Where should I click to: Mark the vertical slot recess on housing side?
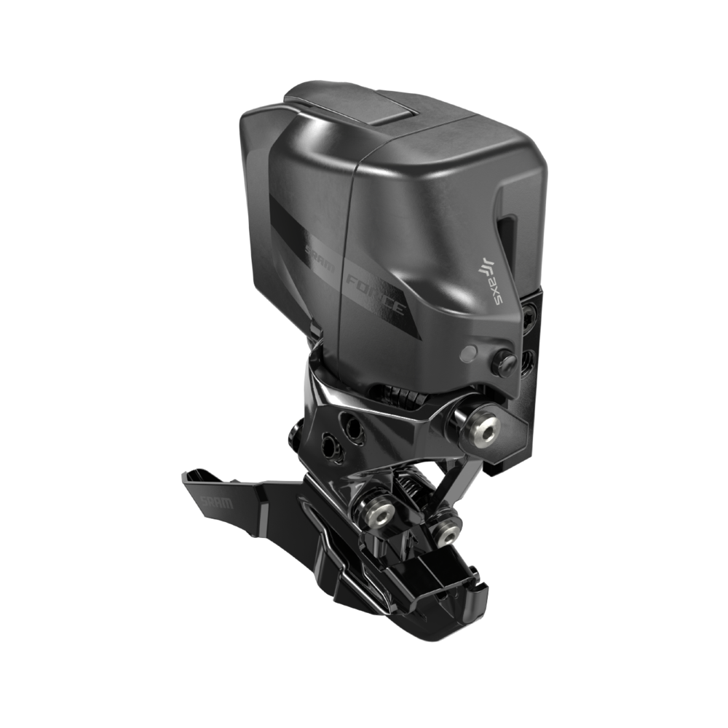508,240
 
